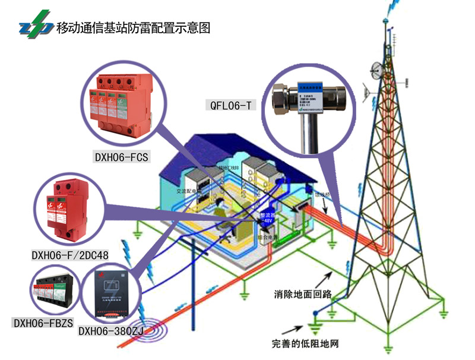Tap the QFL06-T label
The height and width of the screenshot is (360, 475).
(231, 106)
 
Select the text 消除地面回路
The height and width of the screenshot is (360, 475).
(303, 293)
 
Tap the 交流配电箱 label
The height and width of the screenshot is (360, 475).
(189, 192)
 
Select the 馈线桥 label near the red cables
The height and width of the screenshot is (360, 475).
(322, 194)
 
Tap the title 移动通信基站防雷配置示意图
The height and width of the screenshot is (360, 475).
(134, 28)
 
